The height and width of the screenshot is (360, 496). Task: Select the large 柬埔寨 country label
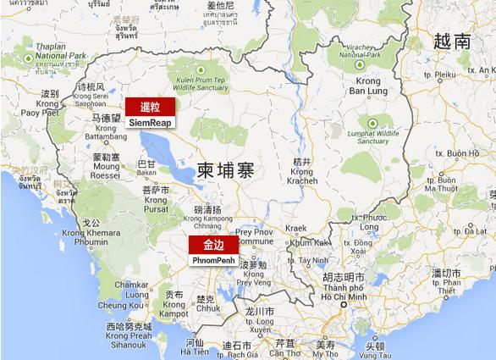click(225, 168)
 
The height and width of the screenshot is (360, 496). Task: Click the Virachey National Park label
click(360, 48)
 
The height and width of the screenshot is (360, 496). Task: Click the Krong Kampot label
click(174, 307)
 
